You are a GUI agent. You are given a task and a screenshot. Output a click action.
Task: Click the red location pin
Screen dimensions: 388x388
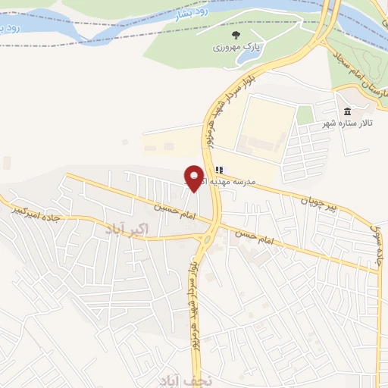point(195,177)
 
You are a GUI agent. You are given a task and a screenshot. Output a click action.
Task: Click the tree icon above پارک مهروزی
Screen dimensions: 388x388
point(236,34)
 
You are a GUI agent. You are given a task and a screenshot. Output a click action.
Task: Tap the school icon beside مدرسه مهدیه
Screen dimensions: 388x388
point(219,170)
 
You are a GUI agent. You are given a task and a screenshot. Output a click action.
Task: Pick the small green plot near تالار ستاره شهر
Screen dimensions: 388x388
point(305,115)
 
